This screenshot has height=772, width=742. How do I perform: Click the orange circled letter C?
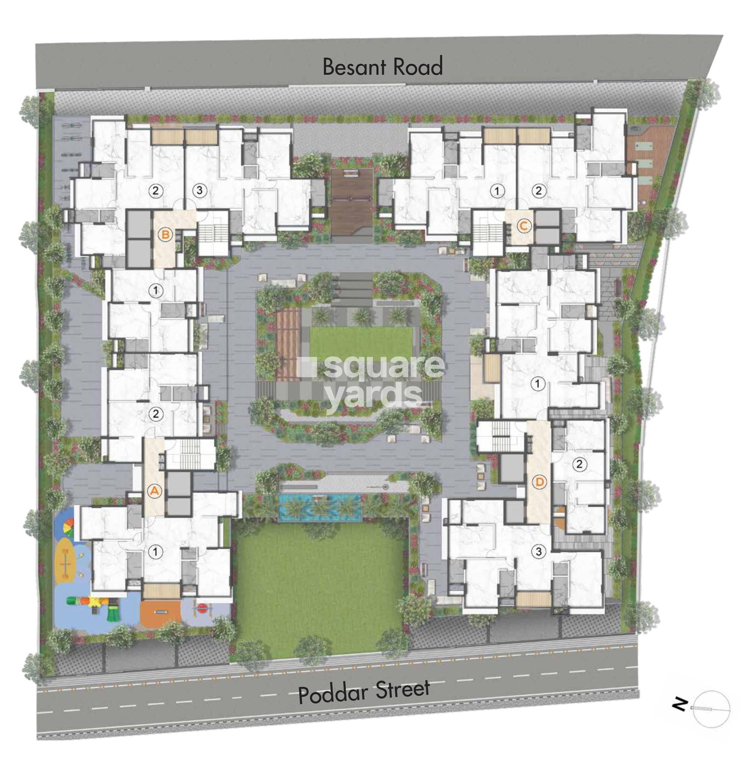pyautogui.click(x=524, y=226)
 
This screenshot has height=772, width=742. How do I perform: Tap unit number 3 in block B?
pyautogui.click(x=199, y=191)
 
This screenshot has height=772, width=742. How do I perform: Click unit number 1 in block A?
pyautogui.click(x=155, y=552)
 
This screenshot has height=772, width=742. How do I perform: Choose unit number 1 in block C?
pyautogui.click(x=497, y=191)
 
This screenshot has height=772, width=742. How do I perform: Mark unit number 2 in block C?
pyautogui.click(x=538, y=191)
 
